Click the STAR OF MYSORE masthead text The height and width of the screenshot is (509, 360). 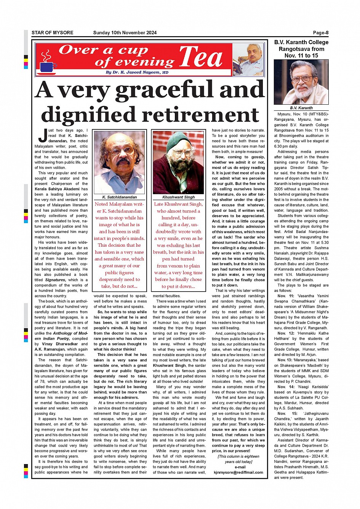point(53,33)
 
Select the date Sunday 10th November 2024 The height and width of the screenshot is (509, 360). point(125,33)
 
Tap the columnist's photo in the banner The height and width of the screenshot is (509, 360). point(248,60)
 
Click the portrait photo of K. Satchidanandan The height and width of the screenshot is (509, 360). point(120,163)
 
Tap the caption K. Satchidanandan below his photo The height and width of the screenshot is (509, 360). point(120,197)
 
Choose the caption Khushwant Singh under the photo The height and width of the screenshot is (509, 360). point(179,197)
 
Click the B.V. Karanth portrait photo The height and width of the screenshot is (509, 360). point(301,82)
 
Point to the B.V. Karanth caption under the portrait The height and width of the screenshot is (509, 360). point(301,108)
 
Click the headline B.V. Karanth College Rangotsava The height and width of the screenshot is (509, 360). point(301,49)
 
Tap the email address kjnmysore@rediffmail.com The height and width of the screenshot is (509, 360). point(238,472)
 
